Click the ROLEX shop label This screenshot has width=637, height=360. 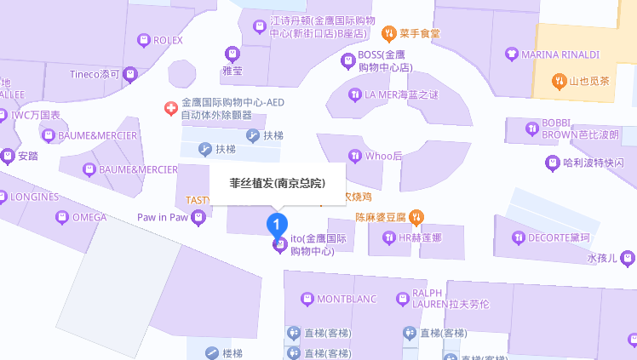tap(168, 40)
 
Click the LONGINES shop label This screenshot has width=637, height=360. tap(35, 197)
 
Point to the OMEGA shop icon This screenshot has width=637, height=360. tap(61, 217)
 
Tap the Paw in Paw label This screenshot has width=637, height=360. tap(162, 217)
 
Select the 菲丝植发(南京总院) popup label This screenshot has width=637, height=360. tap(277, 183)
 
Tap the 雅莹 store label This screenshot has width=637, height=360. tap(232, 71)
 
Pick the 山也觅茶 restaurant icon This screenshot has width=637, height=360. tap(559, 82)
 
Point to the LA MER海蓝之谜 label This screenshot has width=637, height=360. tap(400, 94)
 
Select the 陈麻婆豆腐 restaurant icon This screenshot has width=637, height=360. tap(416, 217)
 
